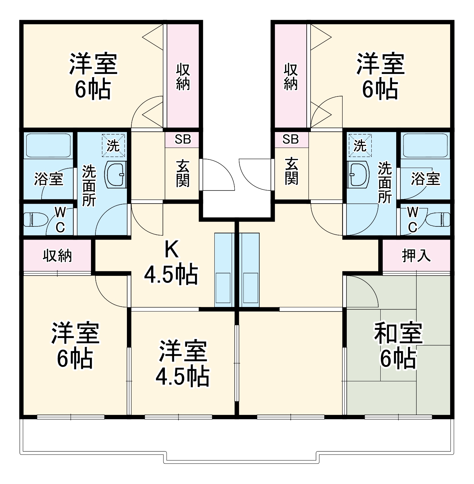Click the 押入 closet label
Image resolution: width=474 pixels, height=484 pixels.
point(416,255)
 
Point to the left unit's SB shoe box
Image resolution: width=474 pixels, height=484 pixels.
point(183,139)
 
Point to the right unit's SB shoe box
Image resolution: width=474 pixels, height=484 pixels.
point(290,139)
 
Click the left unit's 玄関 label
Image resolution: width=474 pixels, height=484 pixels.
point(183,173)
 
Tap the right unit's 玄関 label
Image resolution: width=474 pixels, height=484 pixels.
point(291,171)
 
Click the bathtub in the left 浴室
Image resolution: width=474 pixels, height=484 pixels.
point(48,145)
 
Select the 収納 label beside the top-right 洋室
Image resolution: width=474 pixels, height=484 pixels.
point(291,77)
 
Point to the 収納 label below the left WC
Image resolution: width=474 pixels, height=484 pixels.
point(57,255)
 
